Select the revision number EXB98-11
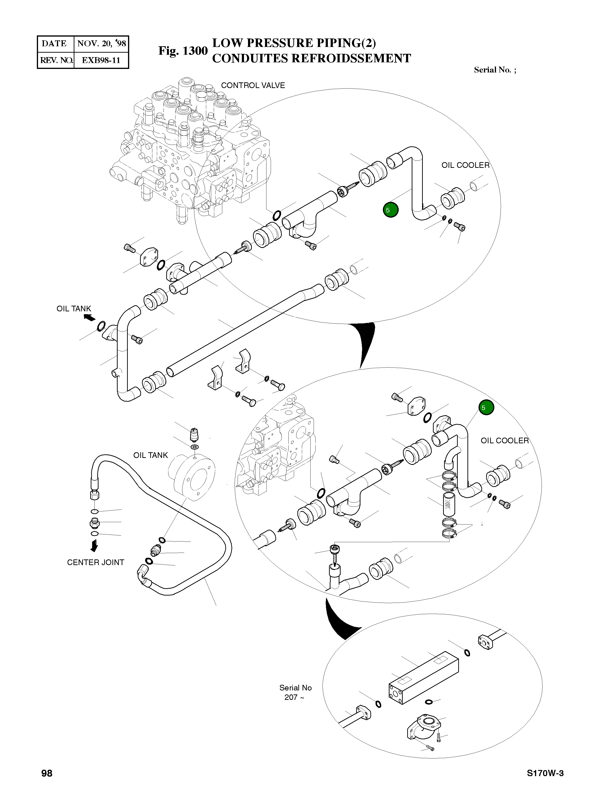pyautogui.click(x=101, y=60)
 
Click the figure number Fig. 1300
pyautogui.click(x=183, y=51)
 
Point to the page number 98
pyautogui.click(x=47, y=773)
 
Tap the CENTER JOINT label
pyautogui.click(x=95, y=562)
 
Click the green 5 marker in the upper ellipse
pyautogui.click(x=390, y=210)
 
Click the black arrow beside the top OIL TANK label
pyautogui.click(x=89, y=318)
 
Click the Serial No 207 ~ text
pyautogui.click(x=295, y=692)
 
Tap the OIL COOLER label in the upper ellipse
pyautogui.click(x=465, y=165)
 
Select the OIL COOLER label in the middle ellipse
pyautogui.click(x=504, y=441)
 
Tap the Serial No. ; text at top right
pyautogui.click(x=495, y=70)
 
